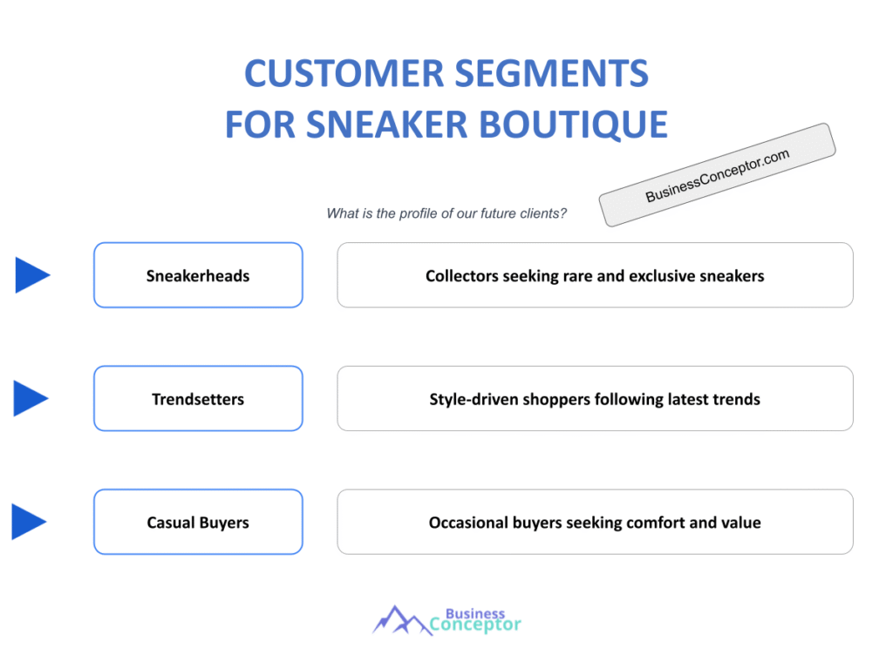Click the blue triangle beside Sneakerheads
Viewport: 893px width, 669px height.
tap(31, 275)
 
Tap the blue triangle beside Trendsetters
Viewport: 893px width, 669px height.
tap(30, 398)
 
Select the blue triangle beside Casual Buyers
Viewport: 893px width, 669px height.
tap(28, 522)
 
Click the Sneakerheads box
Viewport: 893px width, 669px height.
tap(198, 275)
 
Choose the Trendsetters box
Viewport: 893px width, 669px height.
tap(198, 399)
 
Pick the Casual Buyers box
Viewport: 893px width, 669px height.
tap(198, 523)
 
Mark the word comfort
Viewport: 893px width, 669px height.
tap(656, 523)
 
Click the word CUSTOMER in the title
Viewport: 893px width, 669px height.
tap(344, 73)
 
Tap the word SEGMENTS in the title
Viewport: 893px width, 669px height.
tap(552, 73)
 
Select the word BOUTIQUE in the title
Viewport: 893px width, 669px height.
tap(574, 125)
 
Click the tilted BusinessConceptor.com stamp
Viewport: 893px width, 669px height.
tap(717, 174)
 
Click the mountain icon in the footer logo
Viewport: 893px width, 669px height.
tap(401, 620)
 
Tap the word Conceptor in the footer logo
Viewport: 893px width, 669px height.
tap(475, 625)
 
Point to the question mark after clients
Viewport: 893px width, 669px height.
tap(562, 213)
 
